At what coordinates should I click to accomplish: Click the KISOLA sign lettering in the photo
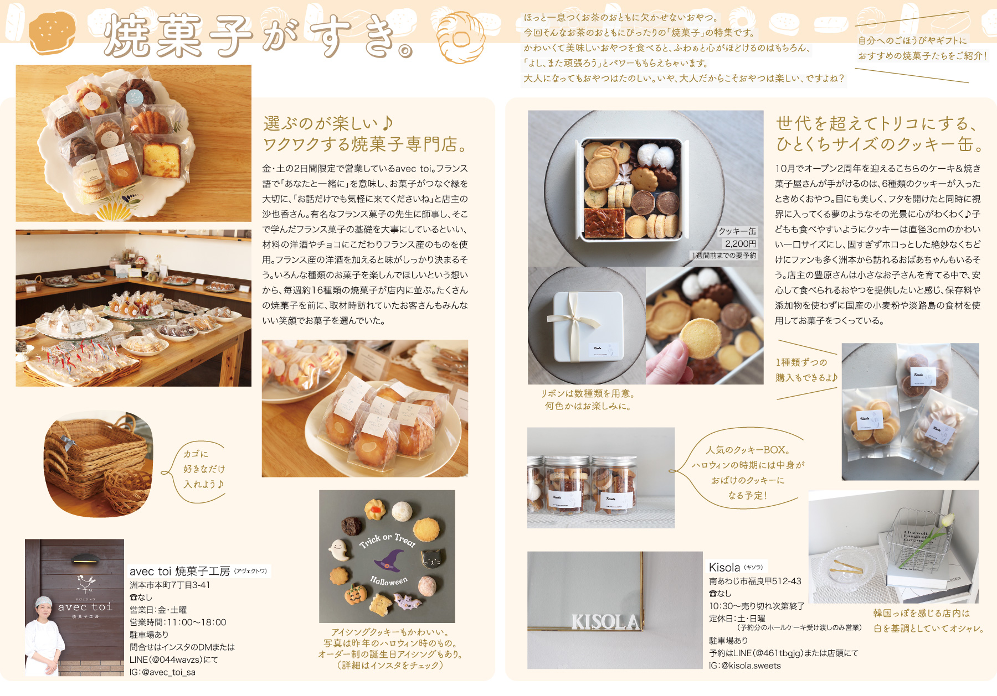pyautogui.click(x=605, y=622)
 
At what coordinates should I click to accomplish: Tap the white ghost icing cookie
pyautogui.click(x=338, y=550)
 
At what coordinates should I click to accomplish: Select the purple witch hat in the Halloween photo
pyautogui.click(x=389, y=560)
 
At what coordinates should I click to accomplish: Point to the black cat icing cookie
pyautogui.click(x=433, y=559)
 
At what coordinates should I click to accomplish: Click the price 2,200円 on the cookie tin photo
pyautogui.click(x=741, y=243)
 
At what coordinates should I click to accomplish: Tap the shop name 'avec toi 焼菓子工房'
pyautogui.click(x=179, y=571)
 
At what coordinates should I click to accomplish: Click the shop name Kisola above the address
pyautogui.click(x=724, y=567)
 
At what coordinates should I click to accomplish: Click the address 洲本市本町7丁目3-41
pyautogui.click(x=170, y=585)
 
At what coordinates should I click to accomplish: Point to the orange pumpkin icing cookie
pyautogui.click(x=355, y=595)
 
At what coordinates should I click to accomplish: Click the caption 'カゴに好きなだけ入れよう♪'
pyautogui.click(x=204, y=469)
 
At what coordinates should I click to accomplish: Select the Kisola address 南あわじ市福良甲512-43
pyautogui.click(x=755, y=581)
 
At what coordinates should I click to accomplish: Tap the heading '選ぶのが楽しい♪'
pyautogui.click(x=328, y=123)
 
